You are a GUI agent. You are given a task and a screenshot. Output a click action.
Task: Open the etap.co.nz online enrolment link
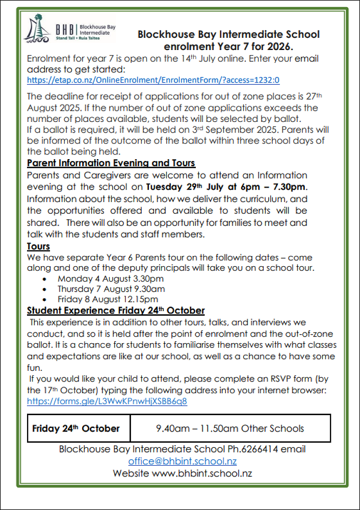pos(153,80)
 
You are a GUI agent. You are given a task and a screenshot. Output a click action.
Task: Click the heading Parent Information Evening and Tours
pos(111,163)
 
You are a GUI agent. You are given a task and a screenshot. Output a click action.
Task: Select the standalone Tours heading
pos(38,247)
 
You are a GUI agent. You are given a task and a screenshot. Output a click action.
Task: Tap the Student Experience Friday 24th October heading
pos(116,310)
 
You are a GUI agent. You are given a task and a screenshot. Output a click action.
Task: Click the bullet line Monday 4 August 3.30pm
pos(111,278)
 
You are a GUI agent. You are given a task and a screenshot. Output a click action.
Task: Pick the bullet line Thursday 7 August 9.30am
pos(111,289)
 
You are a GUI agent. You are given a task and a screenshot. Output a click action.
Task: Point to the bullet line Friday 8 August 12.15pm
pos(108,299)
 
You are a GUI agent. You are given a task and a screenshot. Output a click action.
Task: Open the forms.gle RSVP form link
pos(107,401)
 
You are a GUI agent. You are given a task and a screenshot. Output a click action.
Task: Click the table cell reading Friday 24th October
pos(76,428)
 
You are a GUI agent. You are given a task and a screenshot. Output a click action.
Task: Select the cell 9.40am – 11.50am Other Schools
pos(230,428)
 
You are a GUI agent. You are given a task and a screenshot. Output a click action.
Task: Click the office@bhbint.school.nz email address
pos(182,461)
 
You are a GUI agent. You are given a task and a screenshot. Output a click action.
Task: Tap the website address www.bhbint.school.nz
pos(202,473)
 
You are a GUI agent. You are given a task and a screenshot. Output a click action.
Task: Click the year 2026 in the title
pos(280,47)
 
